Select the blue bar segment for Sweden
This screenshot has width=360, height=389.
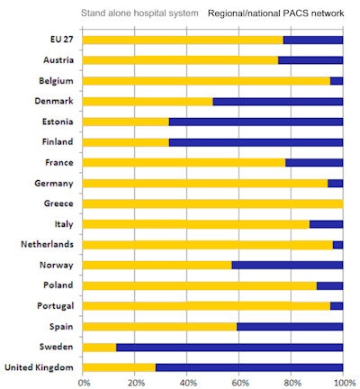tap(229, 347)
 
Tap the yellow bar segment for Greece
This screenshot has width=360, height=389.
tap(212, 204)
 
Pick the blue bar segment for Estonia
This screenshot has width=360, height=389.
tap(256, 122)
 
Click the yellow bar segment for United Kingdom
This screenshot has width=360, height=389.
tap(119, 367)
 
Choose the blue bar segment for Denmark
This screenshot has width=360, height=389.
tap(277, 101)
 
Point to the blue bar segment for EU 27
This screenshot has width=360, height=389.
tap(312, 40)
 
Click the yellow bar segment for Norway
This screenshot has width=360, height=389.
tap(157, 265)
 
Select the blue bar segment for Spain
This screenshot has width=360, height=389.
tap(290, 326)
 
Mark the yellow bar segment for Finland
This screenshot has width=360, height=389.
tap(125, 142)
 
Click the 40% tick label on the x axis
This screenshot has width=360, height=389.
tap(187, 382)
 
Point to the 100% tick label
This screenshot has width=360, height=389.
tap(343, 382)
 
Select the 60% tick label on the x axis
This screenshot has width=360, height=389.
tap(239, 382)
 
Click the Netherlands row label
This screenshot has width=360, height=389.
tap(46, 245)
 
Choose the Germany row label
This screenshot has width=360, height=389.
tap(53, 183)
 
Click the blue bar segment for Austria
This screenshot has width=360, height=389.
tap(310, 60)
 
